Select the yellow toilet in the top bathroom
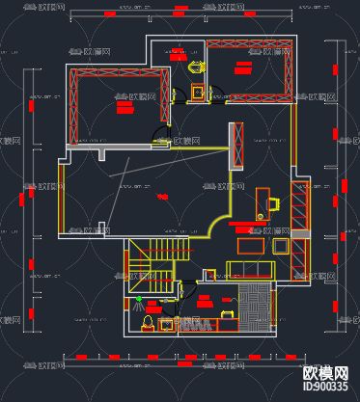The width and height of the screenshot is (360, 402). tap(196, 67)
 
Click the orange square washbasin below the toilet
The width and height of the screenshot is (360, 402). tap(198, 92)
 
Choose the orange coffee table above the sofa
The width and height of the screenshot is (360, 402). tap(250, 245)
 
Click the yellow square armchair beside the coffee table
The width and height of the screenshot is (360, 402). tap(281, 246)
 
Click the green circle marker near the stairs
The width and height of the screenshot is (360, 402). tap(138, 300)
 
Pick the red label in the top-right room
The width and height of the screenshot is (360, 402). tap(243, 67)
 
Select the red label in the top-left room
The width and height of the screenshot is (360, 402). tap(125, 108)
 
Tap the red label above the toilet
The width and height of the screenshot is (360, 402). tap(178, 54)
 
